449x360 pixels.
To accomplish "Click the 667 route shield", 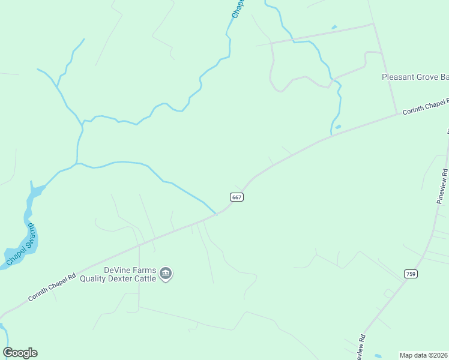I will pos(237,197).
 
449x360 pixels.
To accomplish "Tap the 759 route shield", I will pos(411,274).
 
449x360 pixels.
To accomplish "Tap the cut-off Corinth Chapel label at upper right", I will pos(425,107).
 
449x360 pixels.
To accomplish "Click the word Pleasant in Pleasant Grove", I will pos(399,77).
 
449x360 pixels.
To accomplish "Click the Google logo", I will pos(20,353).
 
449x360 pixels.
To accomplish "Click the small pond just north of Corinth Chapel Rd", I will pos(338,127).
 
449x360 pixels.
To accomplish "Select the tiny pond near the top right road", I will pos(334,27).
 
